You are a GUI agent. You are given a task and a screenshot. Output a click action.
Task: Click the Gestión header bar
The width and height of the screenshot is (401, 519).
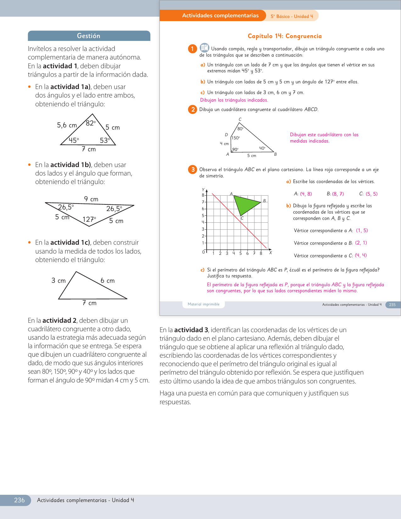(x=89, y=36)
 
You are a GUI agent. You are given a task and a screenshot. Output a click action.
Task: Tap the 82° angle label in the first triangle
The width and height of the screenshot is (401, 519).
(x=91, y=123)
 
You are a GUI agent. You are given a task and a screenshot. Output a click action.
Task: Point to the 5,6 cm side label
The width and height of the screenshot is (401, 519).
(x=67, y=125)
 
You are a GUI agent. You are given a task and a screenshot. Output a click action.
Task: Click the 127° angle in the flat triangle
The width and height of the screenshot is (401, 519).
(x=89, y=219)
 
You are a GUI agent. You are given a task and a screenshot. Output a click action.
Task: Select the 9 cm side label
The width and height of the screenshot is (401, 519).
(x=91, y=199)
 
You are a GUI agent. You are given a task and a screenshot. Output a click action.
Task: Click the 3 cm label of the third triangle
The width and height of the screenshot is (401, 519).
(x=58, y=281)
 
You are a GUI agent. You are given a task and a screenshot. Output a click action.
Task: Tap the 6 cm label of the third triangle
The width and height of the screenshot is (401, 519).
(x=108, y=281)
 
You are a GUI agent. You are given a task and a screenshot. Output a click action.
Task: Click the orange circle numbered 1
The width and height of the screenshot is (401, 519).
(x=192, y=49)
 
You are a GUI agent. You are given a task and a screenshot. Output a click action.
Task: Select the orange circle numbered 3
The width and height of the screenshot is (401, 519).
(x=192, y=170)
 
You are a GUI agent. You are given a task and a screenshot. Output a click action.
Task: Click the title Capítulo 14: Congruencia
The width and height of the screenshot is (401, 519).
(x=285, y=36)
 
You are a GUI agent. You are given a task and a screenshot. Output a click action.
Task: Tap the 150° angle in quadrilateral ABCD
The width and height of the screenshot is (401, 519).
(x=236, y=138)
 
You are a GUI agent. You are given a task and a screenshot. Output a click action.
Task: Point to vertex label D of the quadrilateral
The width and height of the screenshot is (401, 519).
(x=226, y=135)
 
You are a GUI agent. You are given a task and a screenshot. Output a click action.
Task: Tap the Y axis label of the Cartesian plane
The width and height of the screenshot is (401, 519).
(x=203, y=190)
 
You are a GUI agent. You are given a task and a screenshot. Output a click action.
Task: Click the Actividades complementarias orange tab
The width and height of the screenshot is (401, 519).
(x=220, y=15)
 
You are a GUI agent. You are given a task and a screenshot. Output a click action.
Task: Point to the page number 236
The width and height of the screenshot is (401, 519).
(x=19, y=500)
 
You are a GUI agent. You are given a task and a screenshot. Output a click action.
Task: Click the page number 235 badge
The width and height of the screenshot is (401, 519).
(x=392, y=304)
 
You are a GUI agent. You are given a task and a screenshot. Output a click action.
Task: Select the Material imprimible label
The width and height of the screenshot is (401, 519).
(x=203, y=304)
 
